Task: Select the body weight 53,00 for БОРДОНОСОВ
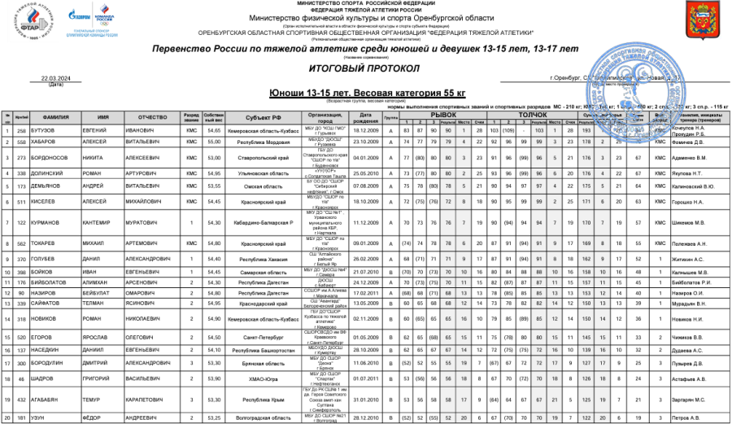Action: (215, 157)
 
